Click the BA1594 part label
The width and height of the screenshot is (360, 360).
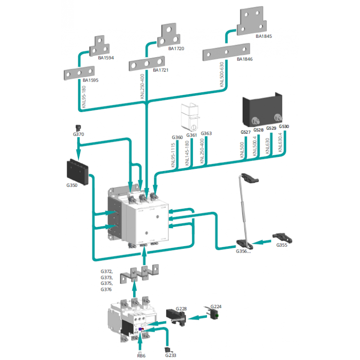coord(106,58)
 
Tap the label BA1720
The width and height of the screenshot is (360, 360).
coord(176,48)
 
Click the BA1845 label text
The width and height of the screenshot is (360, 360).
coord(264,36)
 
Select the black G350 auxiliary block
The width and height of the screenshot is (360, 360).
coord(77,169)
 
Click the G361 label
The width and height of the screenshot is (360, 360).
coord(192,135)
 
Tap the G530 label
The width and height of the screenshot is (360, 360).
coord(283,127)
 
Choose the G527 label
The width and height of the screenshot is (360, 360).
coord(245,132)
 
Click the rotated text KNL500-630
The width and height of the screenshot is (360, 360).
coord(221,75)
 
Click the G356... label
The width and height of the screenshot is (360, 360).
coord(243,251)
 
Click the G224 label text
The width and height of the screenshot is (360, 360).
coord(216,306)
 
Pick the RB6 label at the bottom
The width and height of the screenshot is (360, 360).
coord(141,354)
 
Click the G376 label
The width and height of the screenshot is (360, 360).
coord(107,290)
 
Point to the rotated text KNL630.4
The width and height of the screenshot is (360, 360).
coord(280,144)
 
